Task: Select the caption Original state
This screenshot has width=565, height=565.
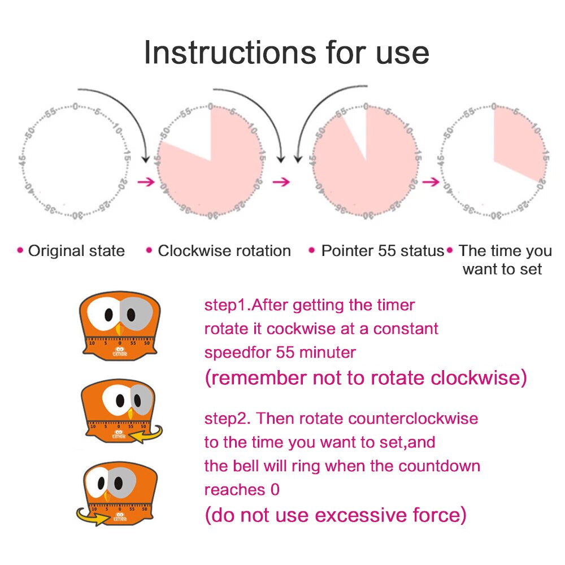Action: click(76, 251)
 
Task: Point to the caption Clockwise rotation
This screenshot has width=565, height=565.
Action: click(224, 251)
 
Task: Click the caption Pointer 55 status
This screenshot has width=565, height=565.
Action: click(383, 251)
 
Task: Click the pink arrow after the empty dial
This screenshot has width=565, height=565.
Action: click(146, 182)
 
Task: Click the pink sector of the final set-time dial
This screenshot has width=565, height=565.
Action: click(517, 141)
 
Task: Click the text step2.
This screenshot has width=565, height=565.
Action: click(228, 419)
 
